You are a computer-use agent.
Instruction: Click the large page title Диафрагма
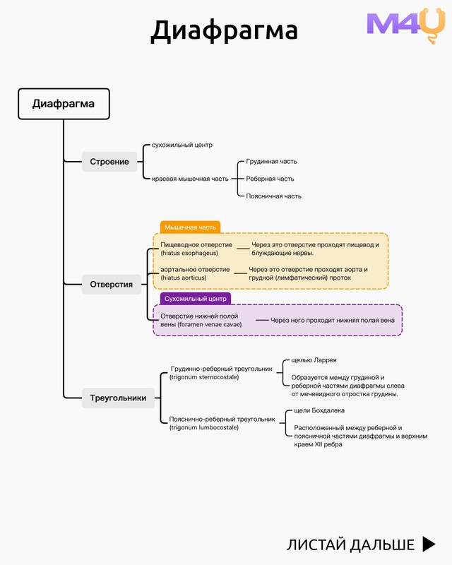(224, 31)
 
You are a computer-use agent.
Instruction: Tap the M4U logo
(406, 25)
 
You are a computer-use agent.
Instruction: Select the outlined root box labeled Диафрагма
(64, 104)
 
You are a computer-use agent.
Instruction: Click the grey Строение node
(109, 162)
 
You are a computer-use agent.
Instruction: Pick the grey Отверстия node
(112, 285)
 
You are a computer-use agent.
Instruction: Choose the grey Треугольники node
(118, 398)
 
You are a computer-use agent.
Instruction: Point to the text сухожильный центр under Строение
(182, 145)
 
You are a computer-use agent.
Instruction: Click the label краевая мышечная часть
(190, 179)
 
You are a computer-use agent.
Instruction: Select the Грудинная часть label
(271, 162)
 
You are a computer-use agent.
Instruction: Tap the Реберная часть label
(270, 179)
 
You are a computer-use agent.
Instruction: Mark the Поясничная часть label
(273, 196)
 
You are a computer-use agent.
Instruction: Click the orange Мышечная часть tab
(190, 227)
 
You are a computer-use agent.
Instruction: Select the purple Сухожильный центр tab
(196, 298)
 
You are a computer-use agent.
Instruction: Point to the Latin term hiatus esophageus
(189, 253)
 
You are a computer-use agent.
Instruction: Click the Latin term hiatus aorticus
(184, 278)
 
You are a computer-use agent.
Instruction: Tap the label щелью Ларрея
(314, 360)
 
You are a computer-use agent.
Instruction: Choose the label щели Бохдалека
(319, 410)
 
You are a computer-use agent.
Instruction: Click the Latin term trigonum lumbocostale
(204, 428)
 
